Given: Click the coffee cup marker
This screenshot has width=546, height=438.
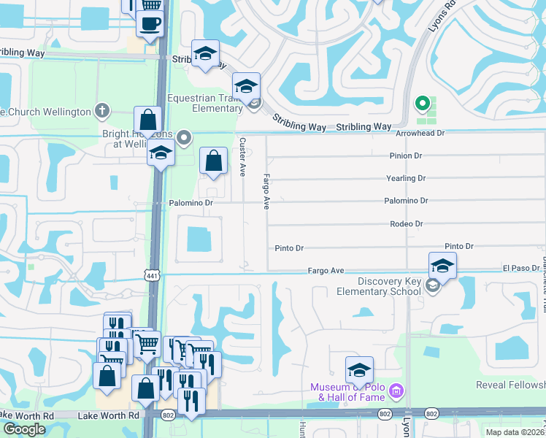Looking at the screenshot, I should point(150,23).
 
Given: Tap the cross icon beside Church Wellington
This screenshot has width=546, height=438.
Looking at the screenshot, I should point(102,112).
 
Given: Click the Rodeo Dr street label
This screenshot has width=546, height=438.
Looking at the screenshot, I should point(407,224).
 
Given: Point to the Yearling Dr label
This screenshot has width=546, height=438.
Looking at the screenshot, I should point(406,178).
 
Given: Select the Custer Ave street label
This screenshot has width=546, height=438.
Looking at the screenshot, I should point(242,156).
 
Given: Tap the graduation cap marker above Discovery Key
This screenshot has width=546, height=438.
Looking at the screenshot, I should point(442,265).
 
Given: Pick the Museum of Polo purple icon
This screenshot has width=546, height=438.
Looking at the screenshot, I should point(396,391).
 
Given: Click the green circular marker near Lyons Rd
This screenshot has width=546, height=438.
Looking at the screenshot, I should point(420,104).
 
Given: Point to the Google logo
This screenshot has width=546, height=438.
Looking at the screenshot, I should point(24,429).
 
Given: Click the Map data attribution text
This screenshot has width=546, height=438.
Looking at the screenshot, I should point(515,432).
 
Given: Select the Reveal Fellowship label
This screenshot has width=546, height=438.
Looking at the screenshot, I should point(510,385).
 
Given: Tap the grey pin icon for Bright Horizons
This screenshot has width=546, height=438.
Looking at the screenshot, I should point(185,137).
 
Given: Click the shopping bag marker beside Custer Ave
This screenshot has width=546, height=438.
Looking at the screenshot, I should point(212,161).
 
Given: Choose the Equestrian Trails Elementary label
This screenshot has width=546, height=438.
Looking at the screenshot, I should point(205,103).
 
